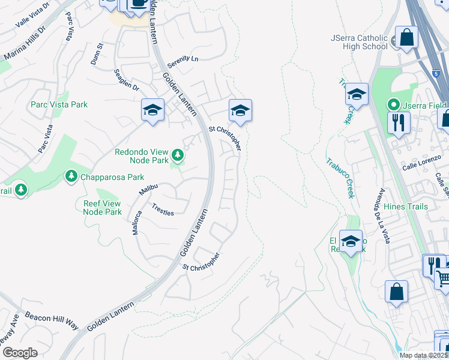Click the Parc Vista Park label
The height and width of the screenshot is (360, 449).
tap(59, 104)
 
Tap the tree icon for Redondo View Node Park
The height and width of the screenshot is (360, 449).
tap(178, 155)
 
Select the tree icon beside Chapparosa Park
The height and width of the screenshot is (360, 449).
tap(71, 176)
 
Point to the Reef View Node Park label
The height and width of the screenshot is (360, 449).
tap(103, 208)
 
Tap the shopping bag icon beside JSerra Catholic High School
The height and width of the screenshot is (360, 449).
tap(406, 37)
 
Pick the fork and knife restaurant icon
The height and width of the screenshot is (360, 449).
tap(399, 124)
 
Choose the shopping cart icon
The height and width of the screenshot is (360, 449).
tap(444, 278)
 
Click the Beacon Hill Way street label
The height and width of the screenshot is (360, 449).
tap(52, 320)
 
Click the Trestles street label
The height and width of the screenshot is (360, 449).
tap(163, 209)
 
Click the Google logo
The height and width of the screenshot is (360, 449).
tap(20, 352)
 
